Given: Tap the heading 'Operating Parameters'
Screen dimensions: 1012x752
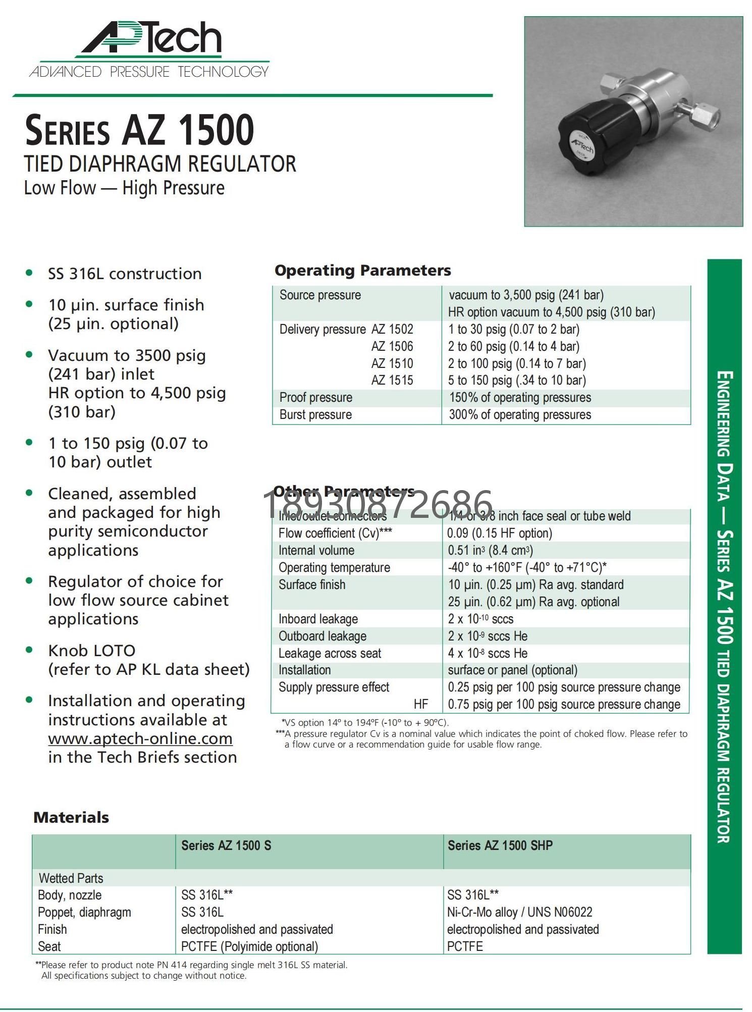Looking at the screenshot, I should click(362, 271).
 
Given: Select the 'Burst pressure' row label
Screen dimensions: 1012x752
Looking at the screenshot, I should click(315, 415).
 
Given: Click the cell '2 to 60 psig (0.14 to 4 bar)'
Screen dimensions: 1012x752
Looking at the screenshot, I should click(513, 347).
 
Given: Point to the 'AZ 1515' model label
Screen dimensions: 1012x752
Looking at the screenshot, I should click(392, 381).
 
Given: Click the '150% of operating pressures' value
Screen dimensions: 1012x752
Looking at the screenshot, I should click(520, 398).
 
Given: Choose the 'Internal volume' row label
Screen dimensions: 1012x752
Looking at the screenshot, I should click(316, 551).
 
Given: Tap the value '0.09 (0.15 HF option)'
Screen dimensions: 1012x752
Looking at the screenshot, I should click(500, 534).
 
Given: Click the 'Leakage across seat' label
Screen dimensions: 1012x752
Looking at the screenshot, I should click(330, 654).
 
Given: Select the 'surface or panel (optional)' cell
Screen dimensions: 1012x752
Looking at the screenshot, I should click(512, 670).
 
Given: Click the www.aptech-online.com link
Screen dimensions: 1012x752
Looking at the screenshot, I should click(140, 739).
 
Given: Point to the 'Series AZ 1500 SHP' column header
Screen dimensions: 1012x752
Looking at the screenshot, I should click(500, 845).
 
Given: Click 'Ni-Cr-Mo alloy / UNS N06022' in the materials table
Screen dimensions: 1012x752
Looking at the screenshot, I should click(519, 913).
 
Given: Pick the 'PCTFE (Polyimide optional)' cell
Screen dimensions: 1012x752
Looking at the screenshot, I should click(249, 947).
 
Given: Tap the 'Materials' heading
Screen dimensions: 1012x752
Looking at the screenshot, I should click(71, 818).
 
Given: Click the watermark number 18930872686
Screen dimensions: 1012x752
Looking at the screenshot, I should click(378, 505).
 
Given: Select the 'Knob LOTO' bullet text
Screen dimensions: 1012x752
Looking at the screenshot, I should click(92, 651).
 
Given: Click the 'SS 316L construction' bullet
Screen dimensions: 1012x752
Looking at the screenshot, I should click(125, 274).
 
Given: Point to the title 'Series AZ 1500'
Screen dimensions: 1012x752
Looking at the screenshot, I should click(139, 130).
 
